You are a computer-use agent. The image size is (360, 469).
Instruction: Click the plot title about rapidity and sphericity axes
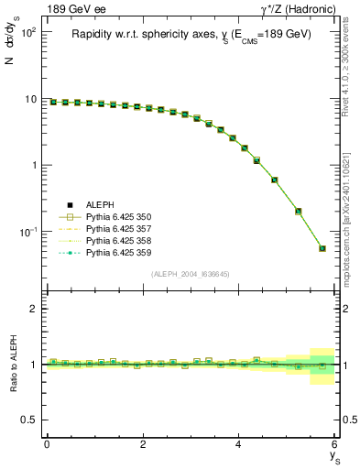coord(191,34)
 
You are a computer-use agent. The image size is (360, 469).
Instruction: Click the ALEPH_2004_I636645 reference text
coord(191,274)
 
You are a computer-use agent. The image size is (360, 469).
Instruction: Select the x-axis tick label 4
coord(238,444)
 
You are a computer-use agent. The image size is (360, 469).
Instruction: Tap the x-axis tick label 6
coord(334,444)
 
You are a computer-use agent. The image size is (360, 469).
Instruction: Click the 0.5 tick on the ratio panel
coord(30,420)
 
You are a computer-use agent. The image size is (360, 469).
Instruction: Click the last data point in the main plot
coord(322,248)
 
